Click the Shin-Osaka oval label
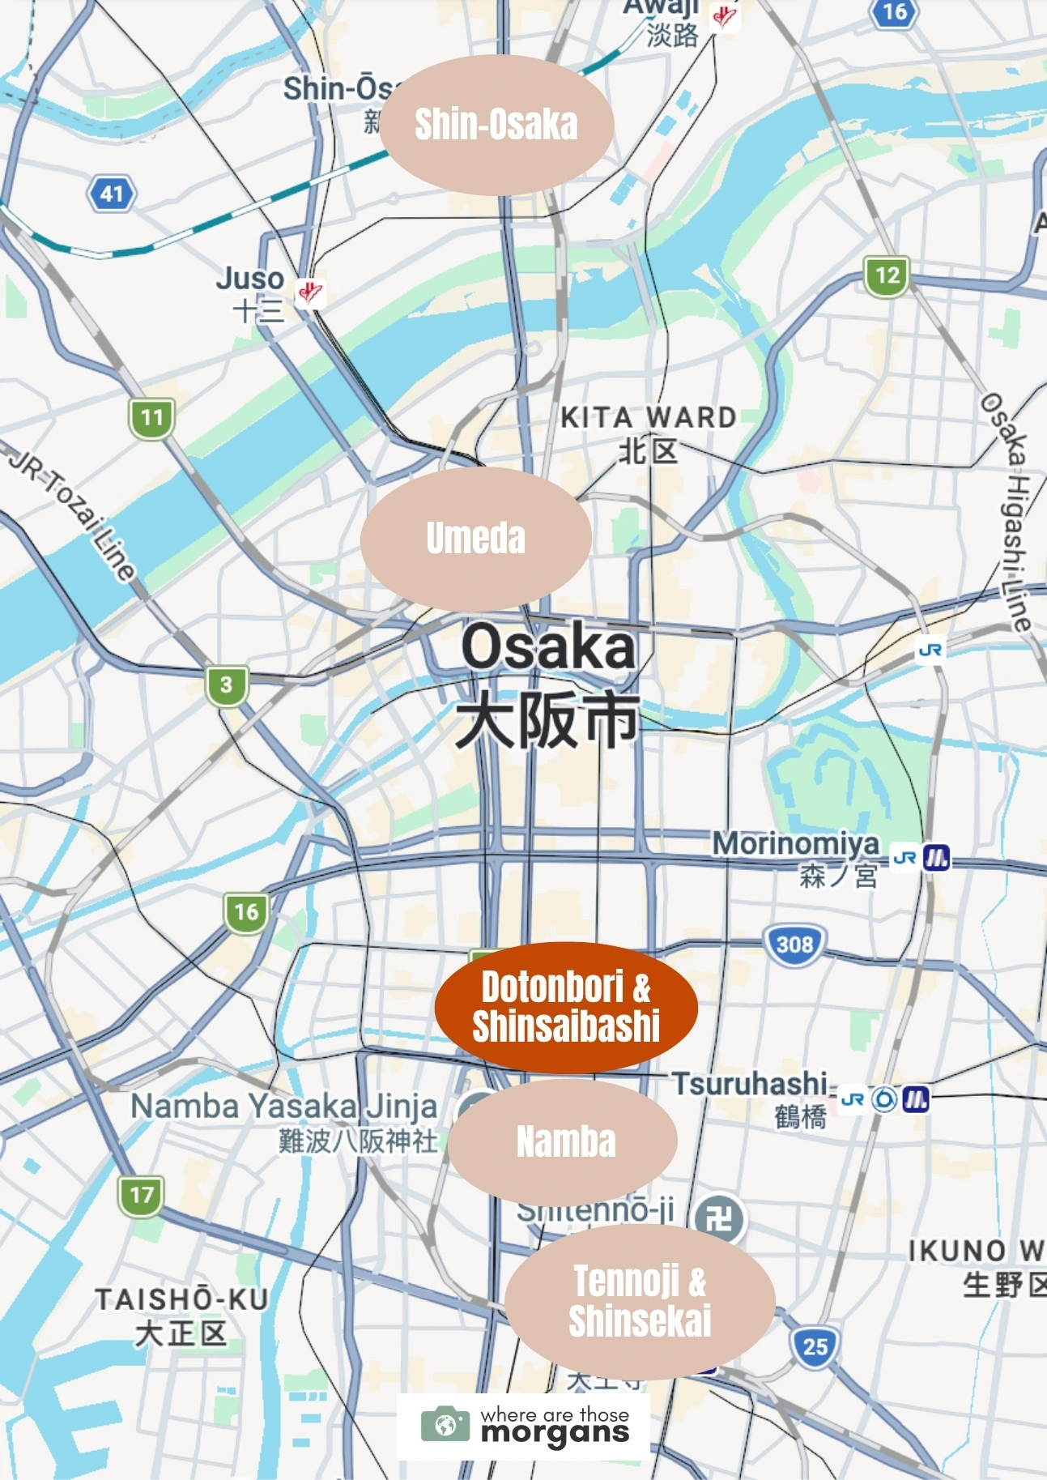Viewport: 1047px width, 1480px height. tap(496, 125)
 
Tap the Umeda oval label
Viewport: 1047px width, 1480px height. tap(475, 539)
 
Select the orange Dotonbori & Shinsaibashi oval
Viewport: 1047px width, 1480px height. tap(566, 1007)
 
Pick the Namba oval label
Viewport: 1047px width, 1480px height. tap(564, 1141)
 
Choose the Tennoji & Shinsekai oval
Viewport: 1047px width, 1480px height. tap(640, 1301)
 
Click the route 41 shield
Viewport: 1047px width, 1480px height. tap(112, 194)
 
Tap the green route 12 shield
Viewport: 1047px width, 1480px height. tap(887, 275)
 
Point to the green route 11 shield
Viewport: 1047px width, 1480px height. tap(151, 418)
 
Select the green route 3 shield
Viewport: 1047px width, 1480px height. tap(226, 685)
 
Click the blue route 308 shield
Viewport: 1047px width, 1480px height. tap(794, 945)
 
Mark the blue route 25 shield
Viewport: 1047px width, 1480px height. tap(815, 1346)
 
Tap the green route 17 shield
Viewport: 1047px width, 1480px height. tap(141, 1195)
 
